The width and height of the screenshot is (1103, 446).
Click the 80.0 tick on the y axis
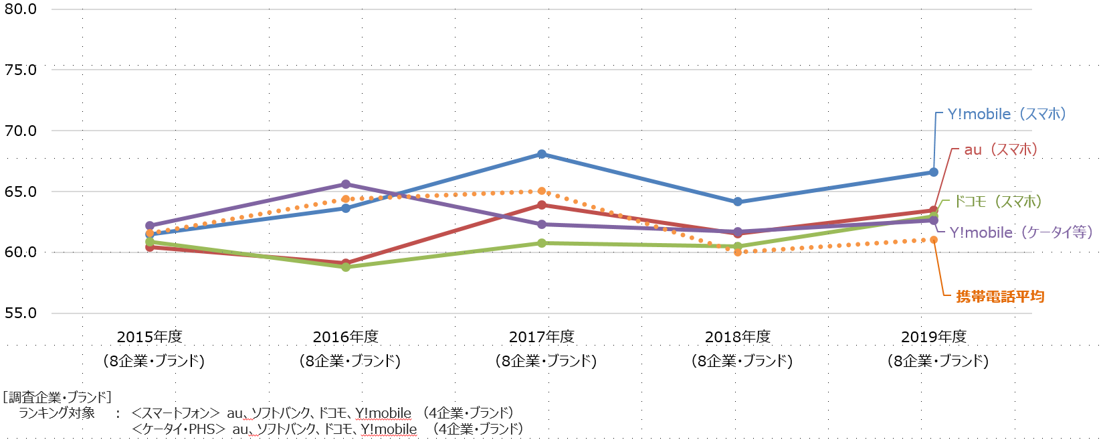click(x=20, y=9)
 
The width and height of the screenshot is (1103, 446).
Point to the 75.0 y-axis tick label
click(x=20, y=70)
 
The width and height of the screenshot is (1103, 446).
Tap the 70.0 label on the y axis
click(x=20, y=131)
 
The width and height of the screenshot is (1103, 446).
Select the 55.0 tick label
click(x=20, y=313)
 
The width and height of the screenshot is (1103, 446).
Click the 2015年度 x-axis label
click(x=150, y=337)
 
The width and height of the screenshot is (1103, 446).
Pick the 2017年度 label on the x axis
click(x=542, y=337)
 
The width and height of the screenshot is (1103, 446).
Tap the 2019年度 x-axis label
click(x=934, y=337)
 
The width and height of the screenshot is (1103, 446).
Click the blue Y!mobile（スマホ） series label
click(x=1007, y=115)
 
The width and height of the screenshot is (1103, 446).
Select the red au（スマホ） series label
click(x=1001, y=150)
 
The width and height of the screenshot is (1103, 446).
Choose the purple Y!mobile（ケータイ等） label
click(x=1021, y=232)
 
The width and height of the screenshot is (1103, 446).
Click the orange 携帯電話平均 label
click(x=1000, y=296)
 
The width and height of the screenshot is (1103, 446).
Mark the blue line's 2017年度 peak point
click(x=542, y=154)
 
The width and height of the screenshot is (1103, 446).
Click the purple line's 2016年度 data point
click(x=346, y=184)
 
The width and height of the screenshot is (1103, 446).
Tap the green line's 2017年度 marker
click(x=542, y=243)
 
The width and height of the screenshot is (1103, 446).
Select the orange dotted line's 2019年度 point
click(x=934, y=240)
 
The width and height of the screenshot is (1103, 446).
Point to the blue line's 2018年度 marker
click(x=738, y=202)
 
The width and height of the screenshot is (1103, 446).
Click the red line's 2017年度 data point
click(x=542, y=205)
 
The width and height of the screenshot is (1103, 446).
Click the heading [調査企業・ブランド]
click(x=58, y=397)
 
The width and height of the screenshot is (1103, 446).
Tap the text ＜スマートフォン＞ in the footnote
click(x=176, y=413)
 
